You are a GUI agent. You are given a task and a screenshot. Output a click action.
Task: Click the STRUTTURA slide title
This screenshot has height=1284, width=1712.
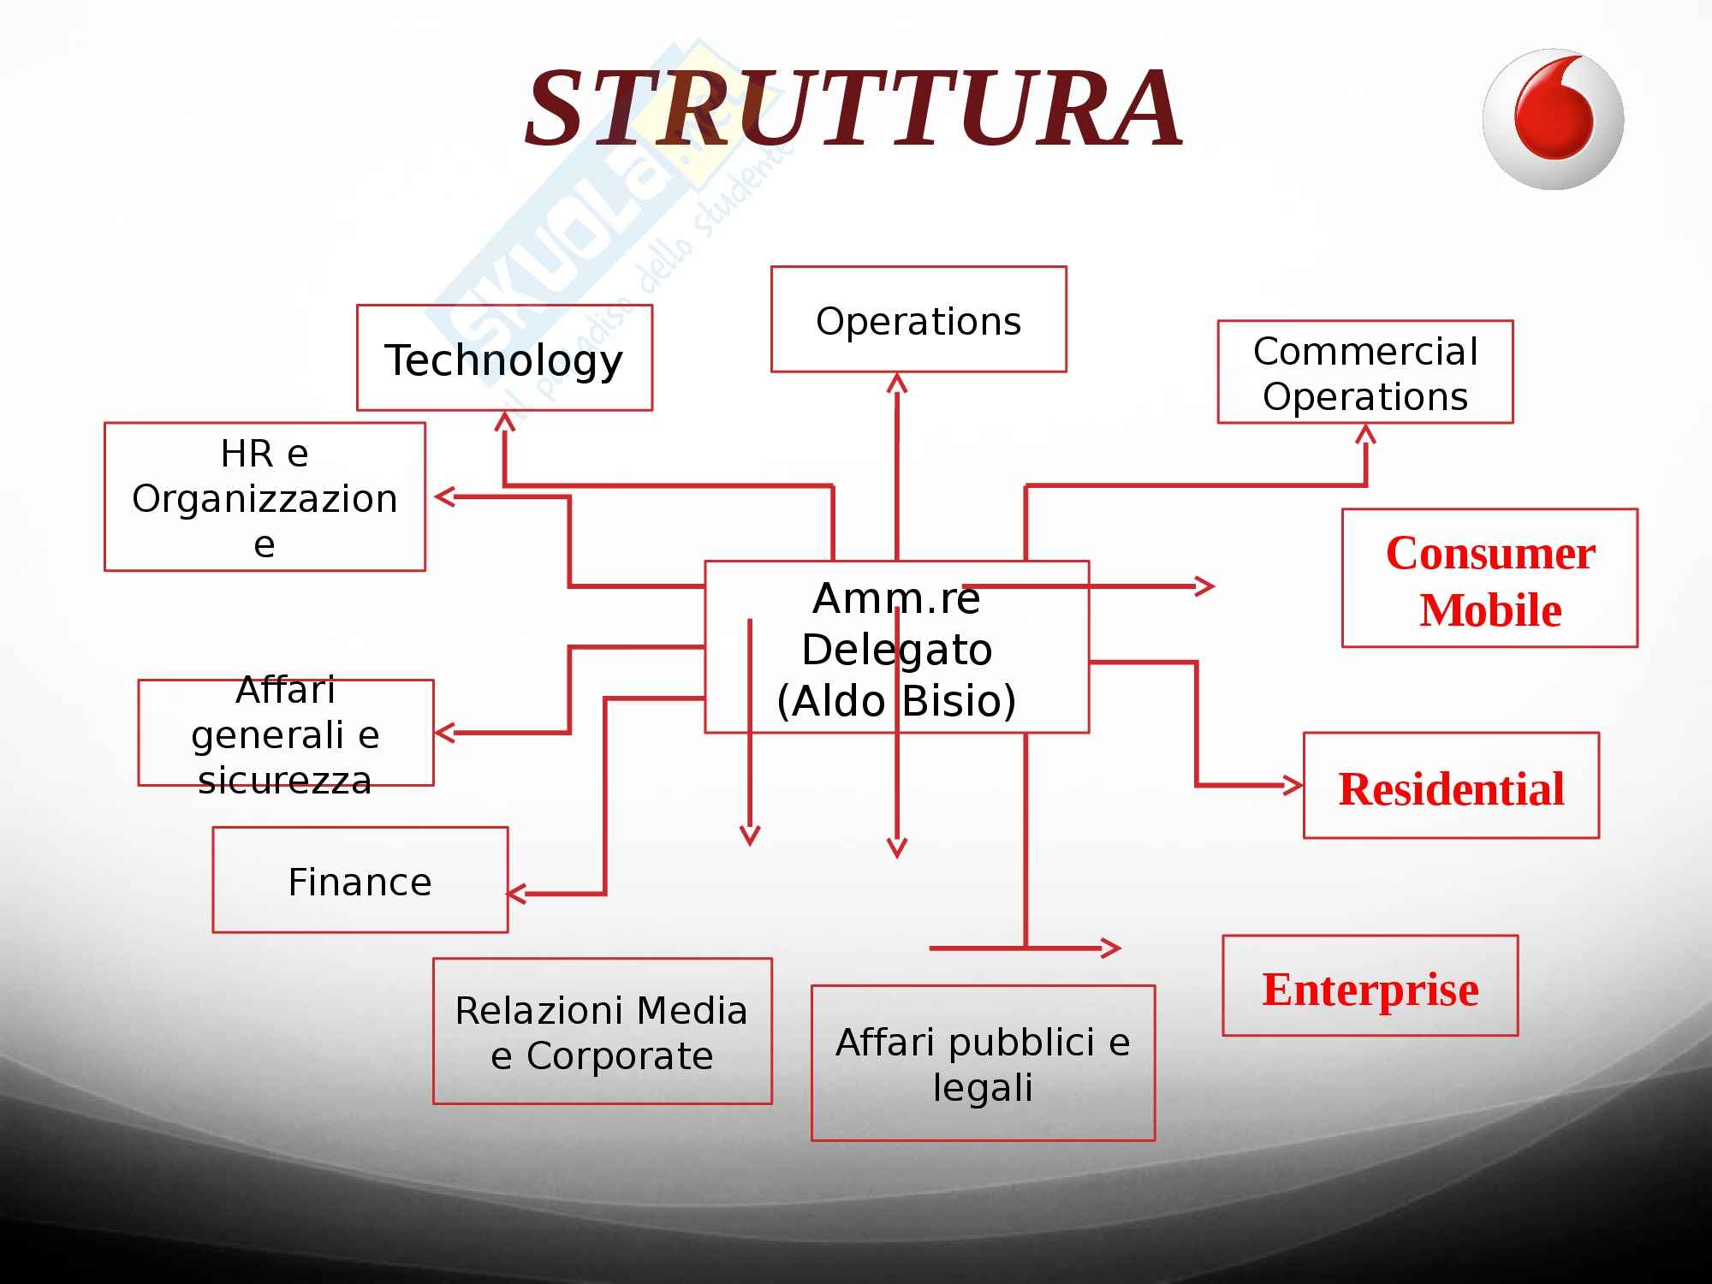(854, 109)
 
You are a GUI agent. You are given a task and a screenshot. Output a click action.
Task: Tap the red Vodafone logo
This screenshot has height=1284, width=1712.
(1553, 119)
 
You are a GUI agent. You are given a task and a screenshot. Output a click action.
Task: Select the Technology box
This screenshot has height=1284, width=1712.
(504, 358)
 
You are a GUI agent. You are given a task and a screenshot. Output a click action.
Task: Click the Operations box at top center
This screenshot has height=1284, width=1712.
(918, 319)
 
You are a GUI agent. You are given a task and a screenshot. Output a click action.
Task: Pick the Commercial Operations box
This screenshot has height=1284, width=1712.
(1365, 372)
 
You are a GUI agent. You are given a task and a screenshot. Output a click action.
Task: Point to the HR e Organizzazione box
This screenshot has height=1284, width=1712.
(265, 496)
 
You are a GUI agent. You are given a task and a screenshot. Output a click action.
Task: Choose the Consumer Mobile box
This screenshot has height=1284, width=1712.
(1489, 578)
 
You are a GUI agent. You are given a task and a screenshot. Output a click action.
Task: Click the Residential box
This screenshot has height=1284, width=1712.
(1451, 786)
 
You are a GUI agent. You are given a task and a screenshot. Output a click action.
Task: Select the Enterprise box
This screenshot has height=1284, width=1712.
(1370, 986)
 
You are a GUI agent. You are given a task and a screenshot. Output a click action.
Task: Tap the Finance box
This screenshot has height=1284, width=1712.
(360, 880)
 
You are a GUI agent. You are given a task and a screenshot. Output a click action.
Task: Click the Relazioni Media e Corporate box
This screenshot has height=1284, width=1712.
(602, 1031)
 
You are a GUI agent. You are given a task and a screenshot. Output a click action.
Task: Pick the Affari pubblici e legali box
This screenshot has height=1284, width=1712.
(983, 1063)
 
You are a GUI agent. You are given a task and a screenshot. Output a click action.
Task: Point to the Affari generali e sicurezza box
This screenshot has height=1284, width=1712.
(286, 733)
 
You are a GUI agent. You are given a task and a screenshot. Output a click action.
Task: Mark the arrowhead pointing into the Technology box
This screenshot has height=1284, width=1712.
(505, 420)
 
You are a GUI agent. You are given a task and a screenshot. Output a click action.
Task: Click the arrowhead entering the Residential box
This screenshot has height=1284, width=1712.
(1293, 785)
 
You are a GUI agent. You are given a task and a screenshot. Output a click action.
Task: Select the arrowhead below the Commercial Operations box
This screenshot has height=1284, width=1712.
(1365, 433)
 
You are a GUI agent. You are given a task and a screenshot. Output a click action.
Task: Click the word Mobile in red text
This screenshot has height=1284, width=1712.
(1490, 610)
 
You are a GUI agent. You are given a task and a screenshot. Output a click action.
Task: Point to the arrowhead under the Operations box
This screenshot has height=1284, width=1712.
(897, 382)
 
